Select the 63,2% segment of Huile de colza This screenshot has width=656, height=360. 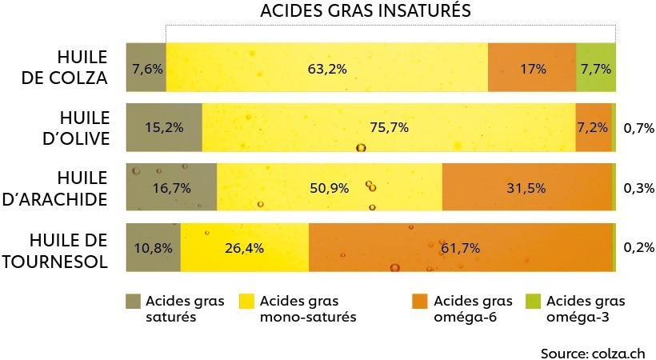pyautogui.click(x=326, y=69)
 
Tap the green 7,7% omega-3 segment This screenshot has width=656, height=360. pyautogui.click(x=595, y=69)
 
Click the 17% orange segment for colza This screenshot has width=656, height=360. pyautogui.click(x=532, y=69)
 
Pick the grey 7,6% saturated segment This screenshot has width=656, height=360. pyautogui.click(x=146, y=69)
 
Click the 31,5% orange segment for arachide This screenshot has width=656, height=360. pyautogui.click(x=526, y=188)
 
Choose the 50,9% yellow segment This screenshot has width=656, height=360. pyautogui.click(x=329, y=188)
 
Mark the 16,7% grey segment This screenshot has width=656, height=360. pyautogui.click(x=171, y=188)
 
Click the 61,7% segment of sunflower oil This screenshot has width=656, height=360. pyautogui.click(x=460, y=248)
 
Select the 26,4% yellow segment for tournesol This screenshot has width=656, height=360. pyautogui.click(x=245, y=248)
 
